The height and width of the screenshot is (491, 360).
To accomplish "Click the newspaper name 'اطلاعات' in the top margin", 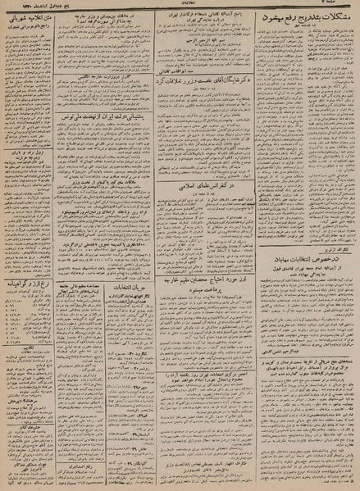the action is click(x=179, y=6).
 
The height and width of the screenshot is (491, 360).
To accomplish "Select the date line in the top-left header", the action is click(x=41, y=6).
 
